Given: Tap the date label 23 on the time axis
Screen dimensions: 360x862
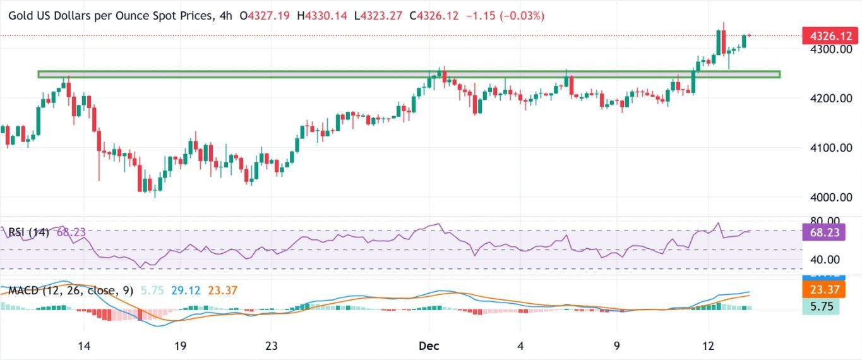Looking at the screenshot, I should click(x=272, y=346).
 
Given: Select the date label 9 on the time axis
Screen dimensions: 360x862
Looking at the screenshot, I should click(x=617, y=346).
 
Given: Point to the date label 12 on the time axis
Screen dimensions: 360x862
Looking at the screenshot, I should click(x=709, y=346).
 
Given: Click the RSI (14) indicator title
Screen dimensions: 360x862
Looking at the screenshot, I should click(x=30, y=232).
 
